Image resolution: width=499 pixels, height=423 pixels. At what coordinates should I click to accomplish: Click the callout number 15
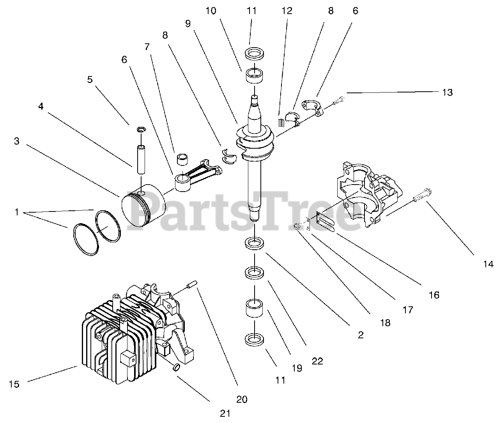[x=14, y=384]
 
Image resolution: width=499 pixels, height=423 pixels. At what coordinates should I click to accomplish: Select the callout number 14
[x=488, y=264]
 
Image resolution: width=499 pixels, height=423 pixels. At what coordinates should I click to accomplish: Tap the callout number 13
[x=448, y=92]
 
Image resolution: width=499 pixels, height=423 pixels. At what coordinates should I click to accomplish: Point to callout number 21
[x=225, y=413]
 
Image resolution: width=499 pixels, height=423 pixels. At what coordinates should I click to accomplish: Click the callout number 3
[x=16, y=141]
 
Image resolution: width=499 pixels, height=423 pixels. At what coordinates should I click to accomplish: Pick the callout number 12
[x=287, y=11]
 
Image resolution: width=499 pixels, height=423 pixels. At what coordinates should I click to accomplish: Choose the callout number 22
[x=317, y=361]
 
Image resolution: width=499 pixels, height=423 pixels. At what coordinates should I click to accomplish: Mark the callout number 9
[x=188, y=23]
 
